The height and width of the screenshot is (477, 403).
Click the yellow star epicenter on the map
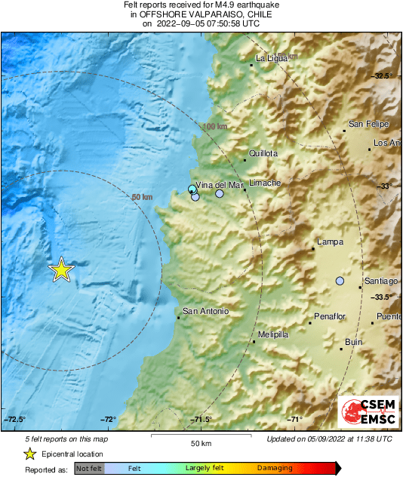pyautogui.click(x=61, y=269)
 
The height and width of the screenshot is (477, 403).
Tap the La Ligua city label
pyautogui.click(x=272, y=58)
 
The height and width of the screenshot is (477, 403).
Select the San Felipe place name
pyautogui.click(x=368, y=124)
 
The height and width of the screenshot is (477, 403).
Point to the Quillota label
pyautogui.click(x=263, y=153)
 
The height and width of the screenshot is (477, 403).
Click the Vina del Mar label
pyautogui.click(x=220, y=185)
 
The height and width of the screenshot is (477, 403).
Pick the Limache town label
pyautogui.click(x=265, y=183)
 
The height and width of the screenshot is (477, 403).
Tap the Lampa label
pyautogui.click(x=331, y=242)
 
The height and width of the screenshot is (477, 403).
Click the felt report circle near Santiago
pyautogui.click(x=340, y=281)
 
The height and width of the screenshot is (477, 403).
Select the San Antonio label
pyautogui.click(x=205, y=311)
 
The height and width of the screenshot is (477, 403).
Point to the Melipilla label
pyautogui.click(x=273, y=334)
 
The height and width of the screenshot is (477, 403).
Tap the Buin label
pyautogui.click(x=353, y=342)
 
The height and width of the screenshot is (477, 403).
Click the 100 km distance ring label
pyautogui.click(x=215, y=127)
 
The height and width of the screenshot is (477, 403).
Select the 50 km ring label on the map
pyautogui.click(x=142, y=197)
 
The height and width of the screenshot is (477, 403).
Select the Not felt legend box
pyautogui.click(x=88, y=469)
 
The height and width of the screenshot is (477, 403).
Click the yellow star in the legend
pyautogui.click(x=29, y=454)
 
